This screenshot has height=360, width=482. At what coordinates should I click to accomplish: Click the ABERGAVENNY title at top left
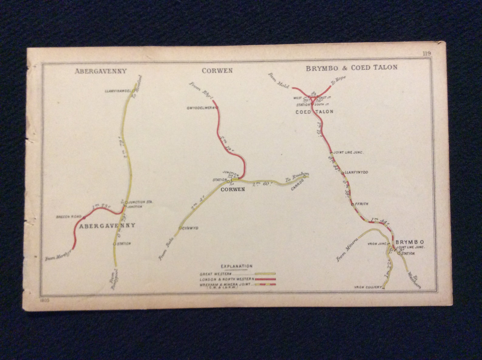pyautogui.click(x=100, y=71)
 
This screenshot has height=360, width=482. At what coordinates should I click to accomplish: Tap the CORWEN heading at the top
pyautogui.click(x=217, y=71)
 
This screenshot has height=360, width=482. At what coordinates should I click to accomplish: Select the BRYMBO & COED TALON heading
pyautogui.click(x=351, y=68)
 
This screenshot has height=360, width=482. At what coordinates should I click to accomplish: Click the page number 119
pyautogui.click(x=426, y=54)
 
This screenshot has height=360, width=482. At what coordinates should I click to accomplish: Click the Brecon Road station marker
pyautogui.click(x=84, y=217)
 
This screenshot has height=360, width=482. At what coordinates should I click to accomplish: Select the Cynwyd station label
pyautogui.click(x=190, y=228)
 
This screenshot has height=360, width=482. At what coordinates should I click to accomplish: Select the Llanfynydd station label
pyautogui.click(x=356, y=172)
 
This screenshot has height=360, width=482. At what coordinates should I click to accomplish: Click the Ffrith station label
pyautogui.click(x=361, y=204)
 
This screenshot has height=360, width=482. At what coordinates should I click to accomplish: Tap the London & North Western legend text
pyautogui.click(x=227, y=279)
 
